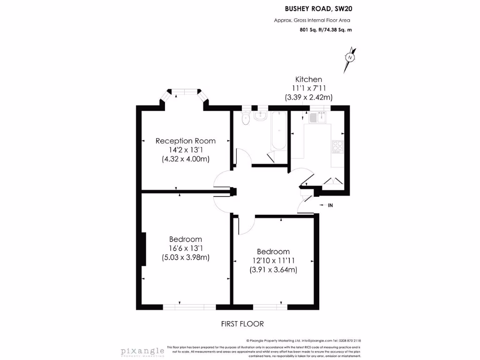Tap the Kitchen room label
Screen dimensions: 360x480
click(308, 79)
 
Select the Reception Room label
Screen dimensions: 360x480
click(186, 141)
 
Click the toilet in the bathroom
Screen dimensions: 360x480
click(245, 120)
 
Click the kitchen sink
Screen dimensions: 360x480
click(319, 117)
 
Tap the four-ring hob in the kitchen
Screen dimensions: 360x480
click(337, 146)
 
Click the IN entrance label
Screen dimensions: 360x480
click(330, 205)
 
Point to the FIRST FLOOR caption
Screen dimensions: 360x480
click(242, 324)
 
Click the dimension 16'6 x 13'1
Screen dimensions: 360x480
click(186, 248)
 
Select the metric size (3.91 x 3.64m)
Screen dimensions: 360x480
click(273, 270)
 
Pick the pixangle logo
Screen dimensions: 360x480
click(142, 351)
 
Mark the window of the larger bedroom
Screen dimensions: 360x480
click(189, 307)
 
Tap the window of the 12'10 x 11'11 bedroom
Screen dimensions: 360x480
click(270, 307)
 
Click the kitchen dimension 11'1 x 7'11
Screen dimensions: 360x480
click(308, 88)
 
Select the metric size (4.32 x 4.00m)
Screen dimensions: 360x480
click(186, 159)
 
